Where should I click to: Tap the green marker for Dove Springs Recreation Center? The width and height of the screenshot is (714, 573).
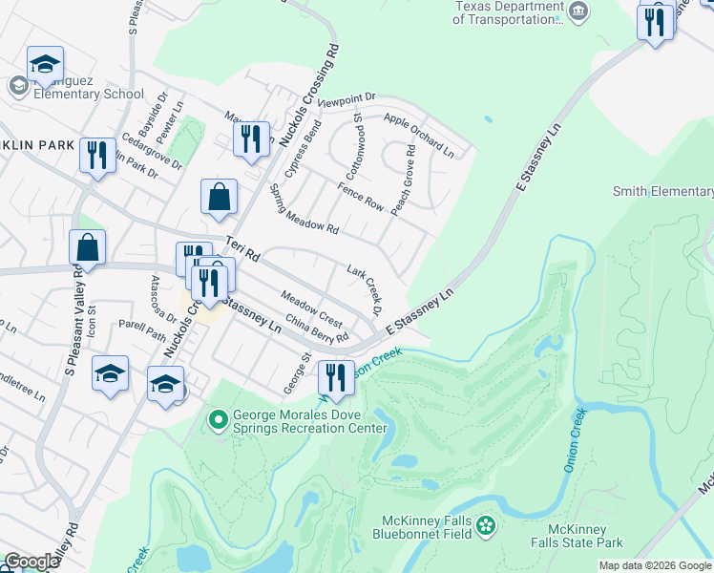click(x=218, y=418)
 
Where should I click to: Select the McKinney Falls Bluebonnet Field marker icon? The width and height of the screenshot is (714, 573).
click(x=487, y=525)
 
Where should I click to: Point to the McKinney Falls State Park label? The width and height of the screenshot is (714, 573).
click(x=585, y=536)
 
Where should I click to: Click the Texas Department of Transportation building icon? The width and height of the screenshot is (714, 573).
click(x=579, y=11)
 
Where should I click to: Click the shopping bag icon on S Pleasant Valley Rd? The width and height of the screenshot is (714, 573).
click(x=88, y=248)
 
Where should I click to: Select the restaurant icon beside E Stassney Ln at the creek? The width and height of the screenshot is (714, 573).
click(x=335, y=376)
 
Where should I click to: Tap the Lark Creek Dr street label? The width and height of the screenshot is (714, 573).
click(x=365, y=291)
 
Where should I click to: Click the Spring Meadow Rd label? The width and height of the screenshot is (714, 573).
click(x=304, y=209)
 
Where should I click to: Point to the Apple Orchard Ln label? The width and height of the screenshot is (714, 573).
click(x=419, y=135)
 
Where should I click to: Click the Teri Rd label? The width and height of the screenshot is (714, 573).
click(x=242, y=250)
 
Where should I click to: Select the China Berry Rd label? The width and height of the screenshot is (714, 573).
click(x=316, y=331)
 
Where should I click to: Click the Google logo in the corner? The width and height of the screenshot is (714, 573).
click(x=31, y=562)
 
